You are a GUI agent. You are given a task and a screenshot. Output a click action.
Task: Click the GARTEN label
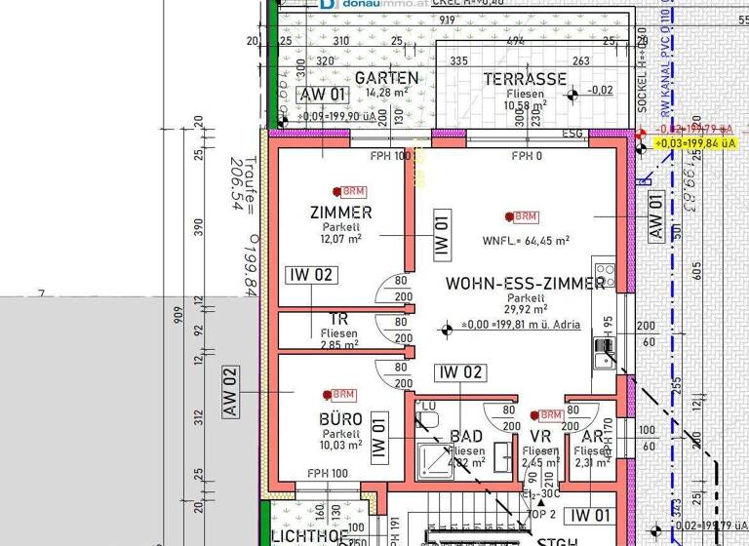click(x=386, y=78)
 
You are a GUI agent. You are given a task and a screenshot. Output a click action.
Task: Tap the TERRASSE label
click(x=526, y=79)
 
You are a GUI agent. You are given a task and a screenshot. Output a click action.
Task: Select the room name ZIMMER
click(x=340, y=212)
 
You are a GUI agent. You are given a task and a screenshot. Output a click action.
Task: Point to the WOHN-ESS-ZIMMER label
click(x=525, y=284)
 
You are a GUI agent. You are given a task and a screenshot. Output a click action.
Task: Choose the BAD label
click(x=466, y=437)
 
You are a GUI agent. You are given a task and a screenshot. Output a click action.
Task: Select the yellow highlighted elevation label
click(x=695, y=142)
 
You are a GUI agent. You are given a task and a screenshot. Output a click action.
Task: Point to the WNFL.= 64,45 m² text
click(x=526, y=240)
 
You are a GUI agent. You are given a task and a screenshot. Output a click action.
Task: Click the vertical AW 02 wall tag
click(x=230, y=392)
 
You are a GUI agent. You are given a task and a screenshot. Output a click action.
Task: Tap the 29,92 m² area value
click(x=525, y=310)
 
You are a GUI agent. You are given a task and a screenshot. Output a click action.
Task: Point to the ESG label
click(x=573, y=134)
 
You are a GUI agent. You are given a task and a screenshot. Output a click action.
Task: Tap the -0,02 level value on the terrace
click(x=600, y=91)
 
